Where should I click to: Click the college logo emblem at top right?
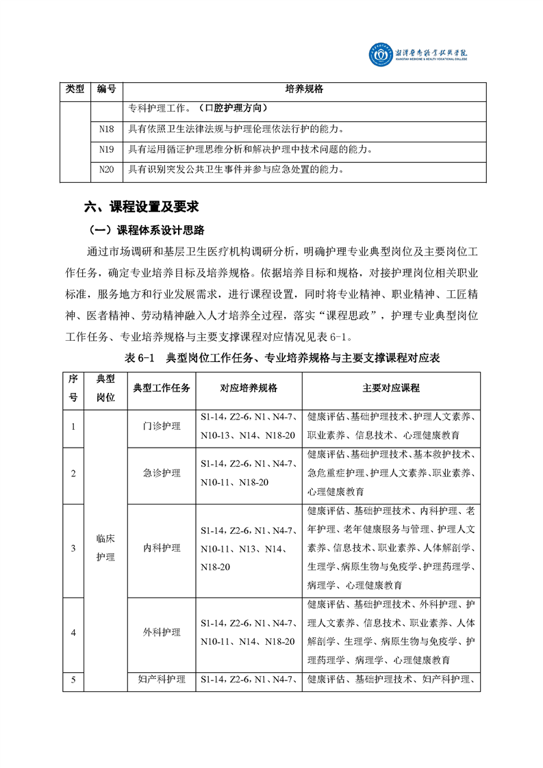click(381, 55)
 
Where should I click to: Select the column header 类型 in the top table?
click(75, 89)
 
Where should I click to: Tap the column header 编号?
click(106, 89)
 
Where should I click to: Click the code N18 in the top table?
click(106, 128)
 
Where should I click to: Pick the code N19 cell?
click(106, 149)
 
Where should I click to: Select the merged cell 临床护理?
click(106, 548)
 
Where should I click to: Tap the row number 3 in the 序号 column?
click(74, 548)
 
